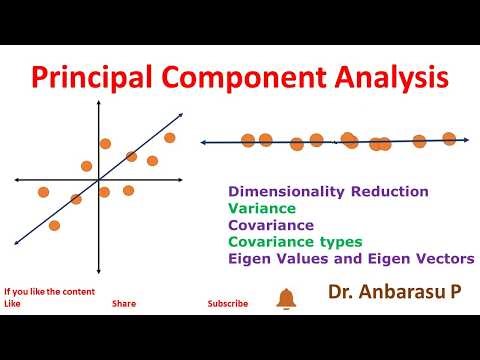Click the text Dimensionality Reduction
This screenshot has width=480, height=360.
(x=329, y=191)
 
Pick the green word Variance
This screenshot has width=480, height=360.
(x=262, y=208)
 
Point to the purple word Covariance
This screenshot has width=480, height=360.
(x=271, y=225)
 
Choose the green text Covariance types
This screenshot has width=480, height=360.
(x=295, y=242)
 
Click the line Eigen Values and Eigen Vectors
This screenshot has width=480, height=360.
(x=351, y=259)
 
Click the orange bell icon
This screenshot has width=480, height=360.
(x=286, y=298)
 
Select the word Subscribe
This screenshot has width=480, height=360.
(x=228, y=303)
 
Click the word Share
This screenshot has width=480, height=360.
(x=124, y=303)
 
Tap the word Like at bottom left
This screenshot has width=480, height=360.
(x=12, y=303)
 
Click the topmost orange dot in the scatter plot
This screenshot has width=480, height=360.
(x=170, y=138)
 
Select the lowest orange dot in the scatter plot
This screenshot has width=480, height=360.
(x=54, y=226)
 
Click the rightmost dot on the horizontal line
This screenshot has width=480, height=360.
(x=449, y=139)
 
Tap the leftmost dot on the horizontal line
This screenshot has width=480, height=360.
(x=248, y=140)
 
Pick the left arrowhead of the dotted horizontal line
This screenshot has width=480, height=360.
(x=204, y=143)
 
